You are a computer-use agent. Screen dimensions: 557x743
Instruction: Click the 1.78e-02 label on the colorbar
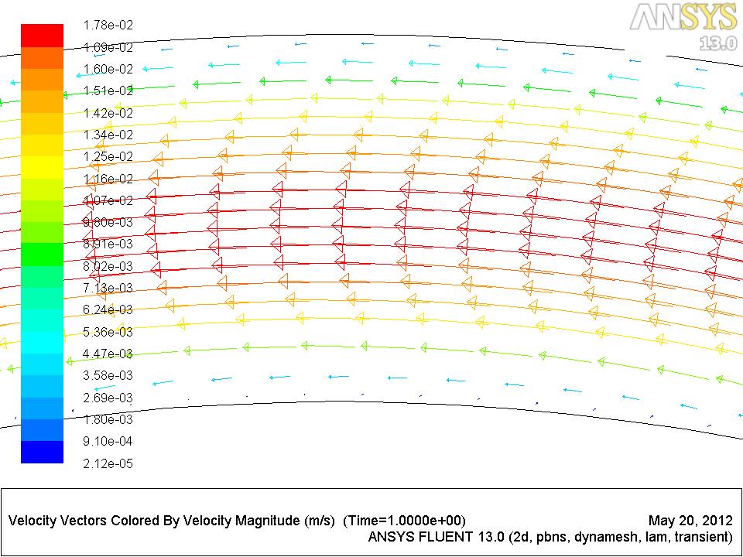coord(108,26)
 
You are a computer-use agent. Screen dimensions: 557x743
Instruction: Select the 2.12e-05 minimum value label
coord(108,463)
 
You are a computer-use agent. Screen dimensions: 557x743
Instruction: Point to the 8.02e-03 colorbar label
coord(108,266)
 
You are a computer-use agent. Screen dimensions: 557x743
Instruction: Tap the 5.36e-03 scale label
coord(108,332)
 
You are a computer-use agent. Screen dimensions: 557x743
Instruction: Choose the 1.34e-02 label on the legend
coord(108,135)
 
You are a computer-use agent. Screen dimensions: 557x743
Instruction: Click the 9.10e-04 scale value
coord(108,441)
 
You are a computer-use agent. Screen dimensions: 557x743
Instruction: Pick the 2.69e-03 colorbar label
coord(108,398)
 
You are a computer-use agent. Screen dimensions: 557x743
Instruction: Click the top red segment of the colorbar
coord(42,36)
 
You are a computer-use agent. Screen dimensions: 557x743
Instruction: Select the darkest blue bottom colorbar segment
coord(42,452)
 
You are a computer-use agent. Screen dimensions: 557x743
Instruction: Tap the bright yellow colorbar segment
coord(42,167)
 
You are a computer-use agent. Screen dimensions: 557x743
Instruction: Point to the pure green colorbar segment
coord(42,255)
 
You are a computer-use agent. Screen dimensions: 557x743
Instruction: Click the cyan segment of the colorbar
coord(42,342)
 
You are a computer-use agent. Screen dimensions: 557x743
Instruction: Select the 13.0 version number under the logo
coord(717,43)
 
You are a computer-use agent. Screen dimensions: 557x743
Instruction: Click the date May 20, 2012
coord(688,520)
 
